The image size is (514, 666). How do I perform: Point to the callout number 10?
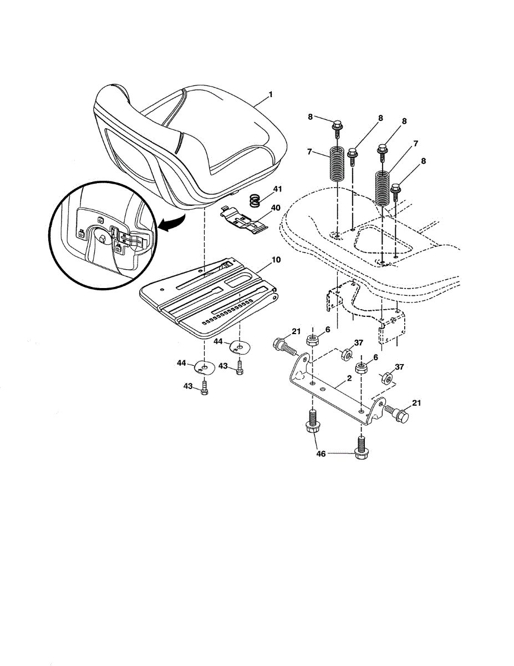click(x=277, y=260)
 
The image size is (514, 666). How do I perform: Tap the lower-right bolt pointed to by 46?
click(x=361, y=451)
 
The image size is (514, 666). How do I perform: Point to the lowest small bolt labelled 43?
click(x=205, y=387)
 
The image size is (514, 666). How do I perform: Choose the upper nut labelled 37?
click(x=346, y=354)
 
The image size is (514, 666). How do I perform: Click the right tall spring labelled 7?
click(x=381, y=189)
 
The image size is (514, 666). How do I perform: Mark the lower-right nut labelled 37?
click(x=388, y=379)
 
